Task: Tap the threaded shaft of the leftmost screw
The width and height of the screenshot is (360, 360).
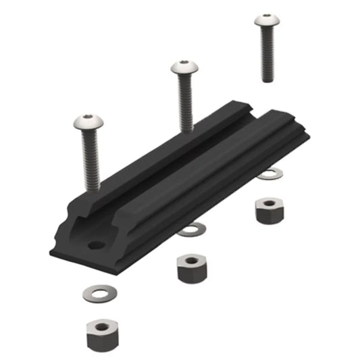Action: (x=90, y=162)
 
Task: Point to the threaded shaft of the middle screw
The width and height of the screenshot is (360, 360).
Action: (x=186, y=101)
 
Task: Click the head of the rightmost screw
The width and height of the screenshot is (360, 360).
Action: (x=266, y=21)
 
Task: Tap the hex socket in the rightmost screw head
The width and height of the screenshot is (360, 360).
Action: (x=266, y=18)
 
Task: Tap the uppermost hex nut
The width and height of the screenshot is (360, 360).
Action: (x=268, y=209)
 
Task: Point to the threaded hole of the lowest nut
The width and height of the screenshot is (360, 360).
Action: (x=99, y=327)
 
